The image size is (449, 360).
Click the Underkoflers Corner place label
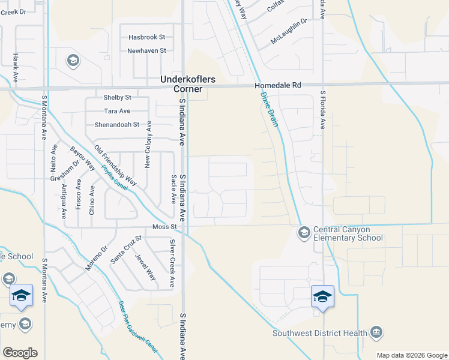(x=187, y=84)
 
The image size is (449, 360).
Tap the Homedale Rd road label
(x=277, y=86)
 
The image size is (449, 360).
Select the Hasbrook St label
(x=146, y=37)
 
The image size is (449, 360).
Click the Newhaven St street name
(x=146, y=51)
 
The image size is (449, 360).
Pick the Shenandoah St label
(x=116, y=125)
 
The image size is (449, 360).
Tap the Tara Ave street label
(x=117, y=111)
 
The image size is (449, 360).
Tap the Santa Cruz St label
(x=125, y=249)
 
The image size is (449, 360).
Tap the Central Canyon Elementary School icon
(x=304, y=232)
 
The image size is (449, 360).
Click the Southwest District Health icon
(x=376, y=331)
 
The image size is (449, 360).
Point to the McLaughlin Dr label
(x=289, y=21)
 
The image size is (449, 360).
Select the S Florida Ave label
(x=322, y=110)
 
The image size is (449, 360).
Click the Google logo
(x=20, y=353)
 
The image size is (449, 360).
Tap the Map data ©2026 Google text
(x=411, y=355)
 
